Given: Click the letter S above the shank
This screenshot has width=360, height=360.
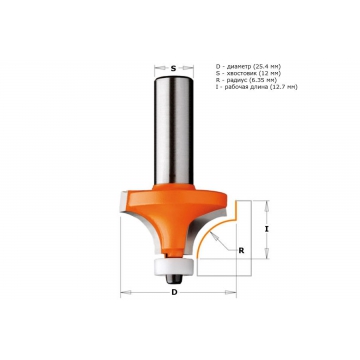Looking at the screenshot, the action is [173, 69].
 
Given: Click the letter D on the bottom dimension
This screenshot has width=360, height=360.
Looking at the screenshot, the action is [174, 293].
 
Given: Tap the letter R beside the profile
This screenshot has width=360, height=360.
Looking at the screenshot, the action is [241, 251].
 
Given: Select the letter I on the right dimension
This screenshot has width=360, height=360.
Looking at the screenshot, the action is [266, 229].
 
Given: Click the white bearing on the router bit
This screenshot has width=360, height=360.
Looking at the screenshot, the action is [173, 265].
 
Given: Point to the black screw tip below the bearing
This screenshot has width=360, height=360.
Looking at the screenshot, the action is [174, 279].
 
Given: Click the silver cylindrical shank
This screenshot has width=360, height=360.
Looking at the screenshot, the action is [174, 130].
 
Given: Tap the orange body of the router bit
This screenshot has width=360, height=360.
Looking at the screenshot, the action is [173, 213].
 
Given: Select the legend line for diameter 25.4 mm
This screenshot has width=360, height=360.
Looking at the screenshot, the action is [248, 66].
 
